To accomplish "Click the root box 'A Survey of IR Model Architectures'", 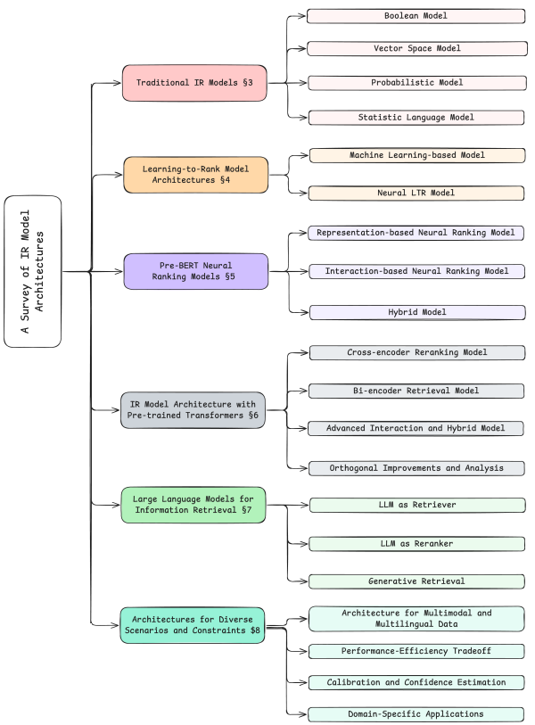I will [33, 271].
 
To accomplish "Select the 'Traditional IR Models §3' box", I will [195, 82].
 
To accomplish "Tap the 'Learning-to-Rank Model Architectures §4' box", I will [195, 174].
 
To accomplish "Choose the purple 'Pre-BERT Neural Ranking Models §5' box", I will [195, 271].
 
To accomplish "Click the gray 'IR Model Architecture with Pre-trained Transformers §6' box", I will [193, 410].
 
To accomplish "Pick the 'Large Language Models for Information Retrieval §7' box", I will [193, 505].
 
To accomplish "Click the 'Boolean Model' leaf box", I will [416, 16].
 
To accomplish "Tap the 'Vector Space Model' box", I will [416, 49].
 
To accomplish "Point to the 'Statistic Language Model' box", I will [416, 117].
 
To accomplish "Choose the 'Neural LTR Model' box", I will [416, 192].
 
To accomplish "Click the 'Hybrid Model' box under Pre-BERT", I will [416, 312].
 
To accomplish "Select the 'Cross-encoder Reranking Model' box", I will [416, 353].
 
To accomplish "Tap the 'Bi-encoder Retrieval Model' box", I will [416, 391].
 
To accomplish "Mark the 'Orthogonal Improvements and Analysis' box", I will [416, 468].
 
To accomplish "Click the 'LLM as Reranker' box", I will [416, 543].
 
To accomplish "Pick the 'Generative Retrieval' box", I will [416, 581].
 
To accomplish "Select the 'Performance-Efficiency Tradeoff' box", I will [416, 652].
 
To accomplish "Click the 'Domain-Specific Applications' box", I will [416, 714].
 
